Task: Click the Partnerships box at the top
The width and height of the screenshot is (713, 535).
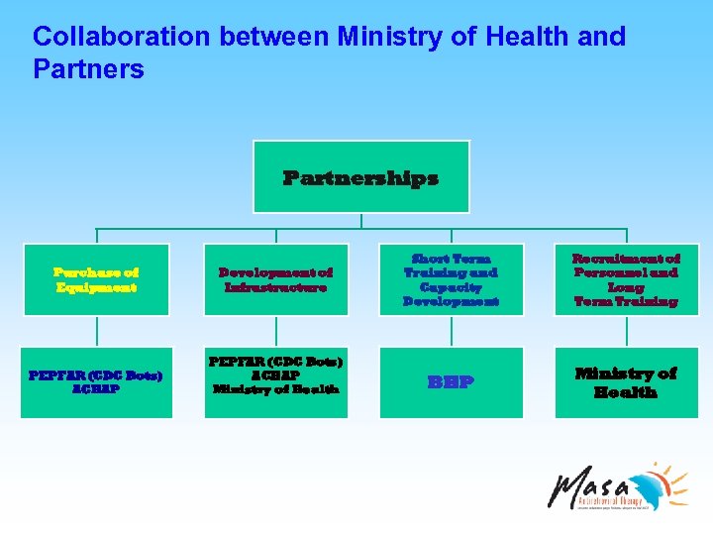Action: pos(360,177)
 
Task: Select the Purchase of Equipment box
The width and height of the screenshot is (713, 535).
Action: pos(96,279)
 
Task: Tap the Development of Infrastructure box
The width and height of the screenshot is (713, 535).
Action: pos(275,279)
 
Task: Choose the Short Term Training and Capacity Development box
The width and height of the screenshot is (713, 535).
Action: pos(450,279)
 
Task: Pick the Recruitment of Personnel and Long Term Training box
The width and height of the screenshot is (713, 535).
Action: pos(626,279)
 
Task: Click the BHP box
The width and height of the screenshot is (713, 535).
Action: pos(450,381)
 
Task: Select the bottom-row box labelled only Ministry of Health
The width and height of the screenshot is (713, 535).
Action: pos(626,381)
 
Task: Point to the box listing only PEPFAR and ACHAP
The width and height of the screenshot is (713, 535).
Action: pos(96,381)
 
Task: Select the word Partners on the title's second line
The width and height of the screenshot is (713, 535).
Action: pos(88,69)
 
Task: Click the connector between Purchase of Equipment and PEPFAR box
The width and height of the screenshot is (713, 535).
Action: pos(96,332)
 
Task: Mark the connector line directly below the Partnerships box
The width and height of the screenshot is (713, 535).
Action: pos(361,221)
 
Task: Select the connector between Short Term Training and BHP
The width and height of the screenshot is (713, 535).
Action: pos(450,332)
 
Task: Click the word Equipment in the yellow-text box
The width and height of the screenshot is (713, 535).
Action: pos(96,287)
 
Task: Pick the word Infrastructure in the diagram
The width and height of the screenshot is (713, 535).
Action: pos(275,287)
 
